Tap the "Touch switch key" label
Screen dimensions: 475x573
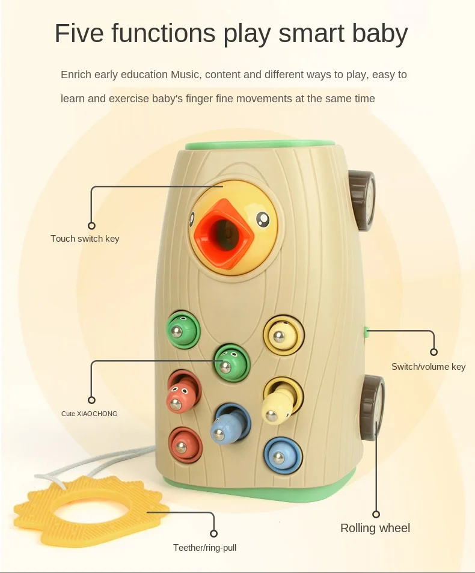[85, 239]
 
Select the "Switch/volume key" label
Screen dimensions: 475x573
[428, 367]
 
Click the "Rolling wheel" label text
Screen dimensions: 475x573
[375, 529]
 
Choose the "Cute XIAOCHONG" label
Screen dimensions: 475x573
[90, 414]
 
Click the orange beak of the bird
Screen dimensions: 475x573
[222, 230]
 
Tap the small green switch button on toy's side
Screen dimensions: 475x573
[366, 330]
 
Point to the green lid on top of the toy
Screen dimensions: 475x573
[260, 145]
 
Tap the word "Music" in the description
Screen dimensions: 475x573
[188, 75]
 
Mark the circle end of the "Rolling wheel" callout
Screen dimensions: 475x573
[376, 514]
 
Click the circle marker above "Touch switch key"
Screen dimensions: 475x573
[91, 226]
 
